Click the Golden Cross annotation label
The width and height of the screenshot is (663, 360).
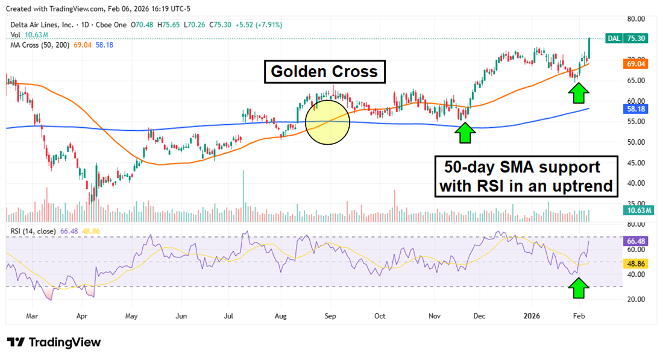(x=324, y=72)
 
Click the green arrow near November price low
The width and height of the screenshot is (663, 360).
(x=464, y=132)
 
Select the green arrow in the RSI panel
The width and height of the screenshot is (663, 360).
(x=579, y=289)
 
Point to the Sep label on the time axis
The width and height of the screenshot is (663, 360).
(x=330, y=315)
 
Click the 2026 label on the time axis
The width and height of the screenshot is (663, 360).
(x=532, y=315)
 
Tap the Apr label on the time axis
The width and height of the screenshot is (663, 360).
(x=83, y=315)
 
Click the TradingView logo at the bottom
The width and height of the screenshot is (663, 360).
(x=54, y=343)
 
